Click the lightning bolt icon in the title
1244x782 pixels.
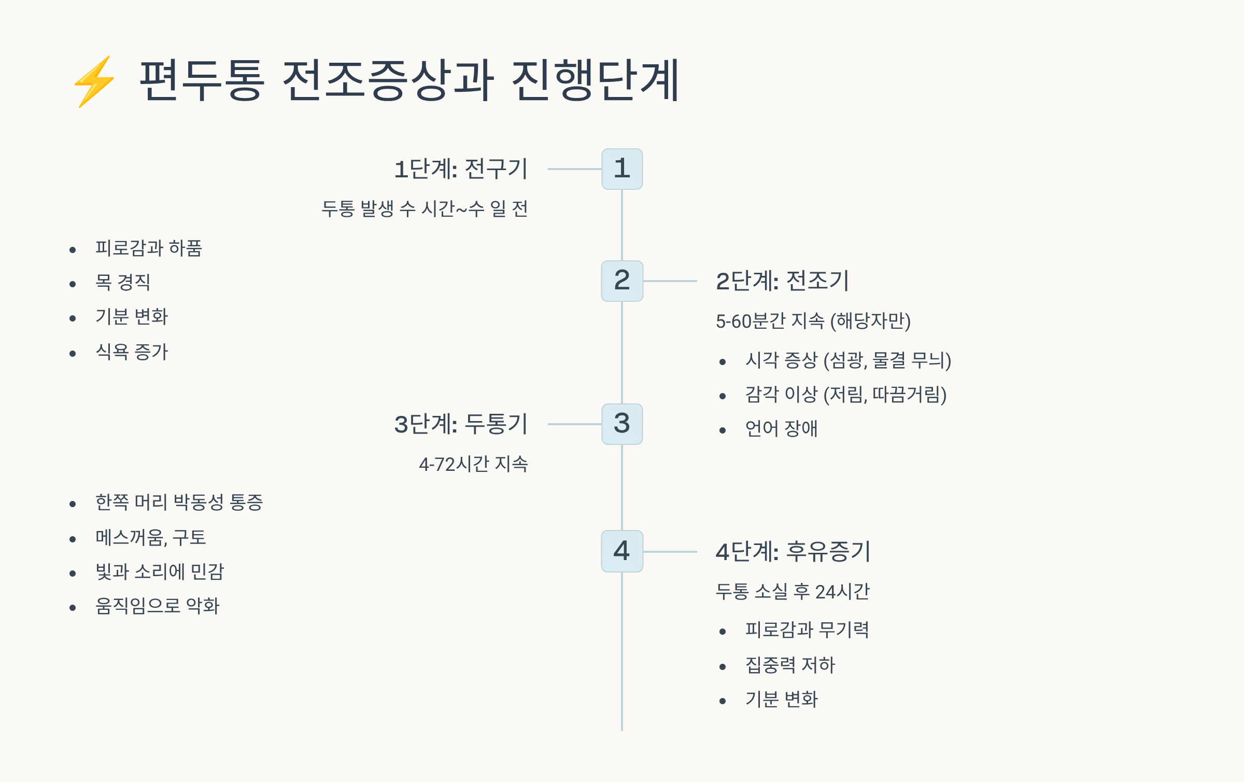94,81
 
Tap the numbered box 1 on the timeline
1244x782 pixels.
622,169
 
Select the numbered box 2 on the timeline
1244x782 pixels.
622,281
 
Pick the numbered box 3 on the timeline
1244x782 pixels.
622,424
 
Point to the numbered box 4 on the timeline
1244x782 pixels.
622,551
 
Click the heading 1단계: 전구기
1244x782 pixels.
461,169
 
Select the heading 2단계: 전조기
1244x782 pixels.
782,281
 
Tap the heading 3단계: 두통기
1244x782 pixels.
461,424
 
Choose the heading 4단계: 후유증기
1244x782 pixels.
793,551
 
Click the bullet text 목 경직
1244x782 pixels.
123,283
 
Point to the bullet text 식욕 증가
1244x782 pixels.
132,352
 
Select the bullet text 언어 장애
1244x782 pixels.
781,429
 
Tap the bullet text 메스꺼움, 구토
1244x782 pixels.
151,538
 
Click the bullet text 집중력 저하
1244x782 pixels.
790,665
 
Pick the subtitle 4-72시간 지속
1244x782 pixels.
473,464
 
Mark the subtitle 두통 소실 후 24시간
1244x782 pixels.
793,592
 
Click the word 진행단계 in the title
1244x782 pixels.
595,80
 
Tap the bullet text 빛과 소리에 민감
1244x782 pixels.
160,572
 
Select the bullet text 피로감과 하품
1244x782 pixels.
149,248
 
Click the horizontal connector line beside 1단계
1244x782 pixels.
574,169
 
